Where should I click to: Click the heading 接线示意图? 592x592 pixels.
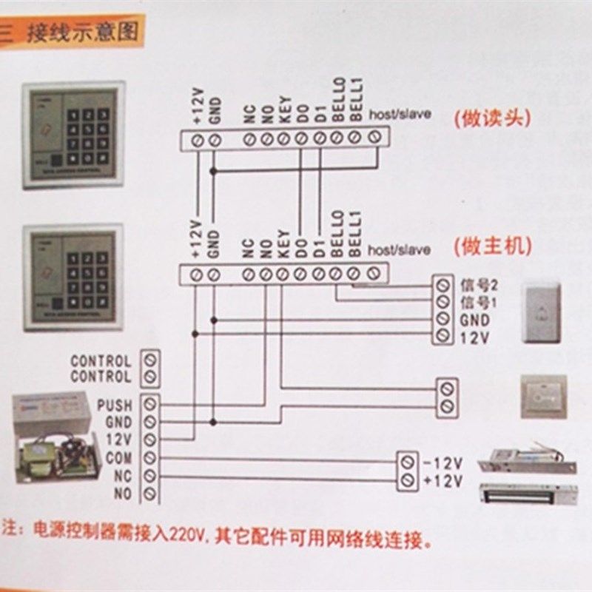(82, 33)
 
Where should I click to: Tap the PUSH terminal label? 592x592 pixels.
(114, 406)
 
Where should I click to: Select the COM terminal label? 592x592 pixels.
(118, 459)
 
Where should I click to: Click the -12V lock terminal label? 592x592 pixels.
(443, 464)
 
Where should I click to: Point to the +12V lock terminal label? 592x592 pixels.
(443, 482)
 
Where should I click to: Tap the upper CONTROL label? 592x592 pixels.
(101, 361)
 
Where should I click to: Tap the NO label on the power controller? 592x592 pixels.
(123, 493)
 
